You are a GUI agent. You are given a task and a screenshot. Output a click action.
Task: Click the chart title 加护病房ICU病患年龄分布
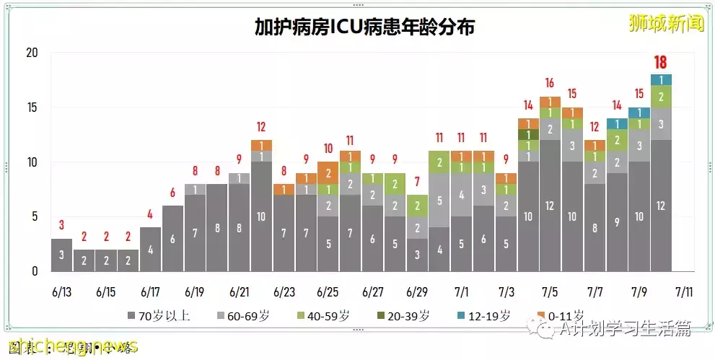coord(364,27)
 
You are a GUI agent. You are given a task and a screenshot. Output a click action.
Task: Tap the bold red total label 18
coord(660,62)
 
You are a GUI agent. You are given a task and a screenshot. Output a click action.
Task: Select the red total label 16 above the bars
coord(549,83)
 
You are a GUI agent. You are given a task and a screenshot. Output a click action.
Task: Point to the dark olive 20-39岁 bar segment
coord(528,134)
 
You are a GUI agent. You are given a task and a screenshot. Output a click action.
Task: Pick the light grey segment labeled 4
coord(461,194)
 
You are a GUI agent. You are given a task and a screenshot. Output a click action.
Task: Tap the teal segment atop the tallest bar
coord(661,79)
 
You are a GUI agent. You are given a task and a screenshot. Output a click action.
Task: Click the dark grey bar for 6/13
coord(61,255)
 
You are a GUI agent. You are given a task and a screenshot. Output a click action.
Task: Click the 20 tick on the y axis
coord(31,53)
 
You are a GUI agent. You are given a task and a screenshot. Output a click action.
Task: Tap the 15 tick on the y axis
coord(31,107)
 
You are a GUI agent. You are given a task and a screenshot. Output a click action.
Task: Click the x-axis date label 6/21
coord(240,293)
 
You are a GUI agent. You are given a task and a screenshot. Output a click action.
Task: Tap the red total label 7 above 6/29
coord(417,181)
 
